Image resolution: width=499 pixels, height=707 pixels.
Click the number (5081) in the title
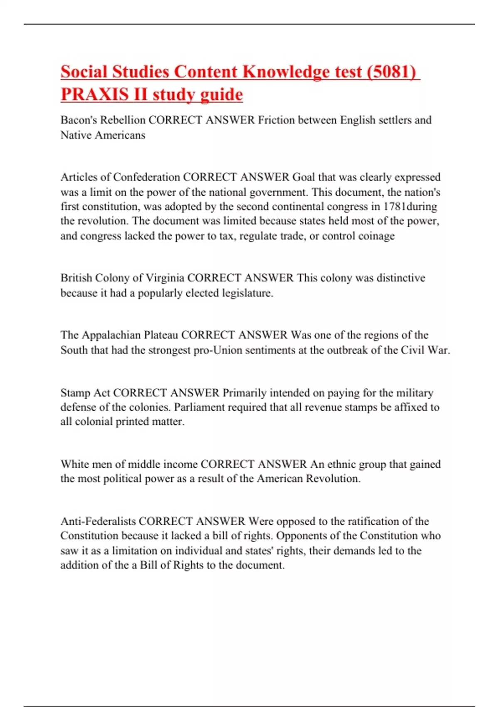[x=391, y=72]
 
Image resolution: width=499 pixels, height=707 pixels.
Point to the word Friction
[x=276, y=120]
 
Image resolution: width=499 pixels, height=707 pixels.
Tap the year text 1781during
[x=410, y=207]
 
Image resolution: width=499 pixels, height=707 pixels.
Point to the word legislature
[x=247, y=293]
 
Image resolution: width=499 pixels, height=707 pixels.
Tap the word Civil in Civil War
[x=413, y=350]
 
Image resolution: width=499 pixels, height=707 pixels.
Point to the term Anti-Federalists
[x=98, y=522]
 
